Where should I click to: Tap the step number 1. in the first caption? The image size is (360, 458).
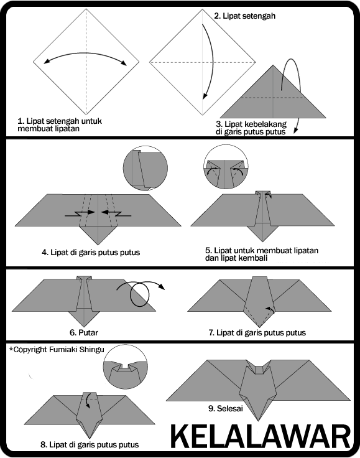[21, 119]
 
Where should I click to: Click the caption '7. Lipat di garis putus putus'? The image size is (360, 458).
[257, 332]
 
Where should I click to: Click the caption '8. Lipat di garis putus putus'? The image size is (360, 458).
[89, 444]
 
